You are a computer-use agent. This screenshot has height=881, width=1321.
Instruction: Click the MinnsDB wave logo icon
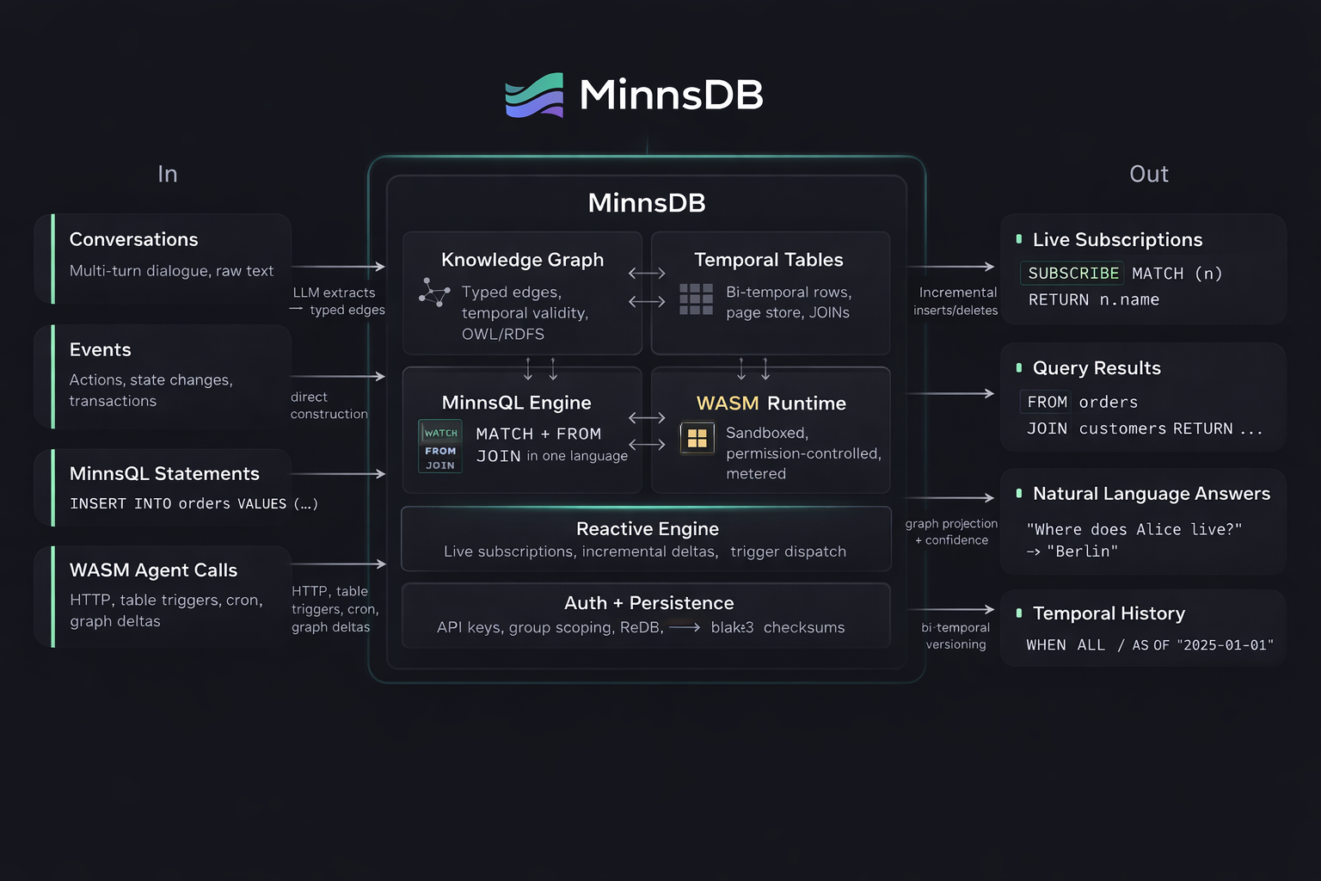coord(534,95)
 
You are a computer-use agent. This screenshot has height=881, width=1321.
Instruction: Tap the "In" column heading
coord(168,174)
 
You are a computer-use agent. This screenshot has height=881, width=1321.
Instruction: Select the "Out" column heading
coord(1148,174)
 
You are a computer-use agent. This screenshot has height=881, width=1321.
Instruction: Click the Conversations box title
coord(133,239)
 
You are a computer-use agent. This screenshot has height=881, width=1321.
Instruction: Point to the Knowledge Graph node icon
coord(434,293)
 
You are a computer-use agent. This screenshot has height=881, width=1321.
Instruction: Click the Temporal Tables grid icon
coord(696,299)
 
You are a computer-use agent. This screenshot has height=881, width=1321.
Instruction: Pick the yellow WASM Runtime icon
coord(697,438)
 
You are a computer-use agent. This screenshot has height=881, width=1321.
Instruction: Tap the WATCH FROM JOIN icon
coord(440,446)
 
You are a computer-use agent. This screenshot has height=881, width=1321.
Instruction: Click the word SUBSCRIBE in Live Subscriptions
coord(1073,274)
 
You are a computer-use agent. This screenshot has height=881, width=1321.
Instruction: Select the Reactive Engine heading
coord(647,528)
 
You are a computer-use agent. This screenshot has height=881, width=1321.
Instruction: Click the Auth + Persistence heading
coord(648,603)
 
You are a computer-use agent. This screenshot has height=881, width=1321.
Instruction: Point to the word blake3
coord(732,627)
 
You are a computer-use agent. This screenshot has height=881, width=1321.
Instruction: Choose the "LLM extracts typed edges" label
coord(338,301)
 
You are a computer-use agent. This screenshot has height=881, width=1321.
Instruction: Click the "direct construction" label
coord(329,405)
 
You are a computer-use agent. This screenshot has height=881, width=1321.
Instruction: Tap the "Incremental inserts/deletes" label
coord(956,301)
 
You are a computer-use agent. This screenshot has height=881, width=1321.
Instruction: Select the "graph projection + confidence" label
coord(951,532)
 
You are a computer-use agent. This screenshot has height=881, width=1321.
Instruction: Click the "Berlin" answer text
coord(1082,551)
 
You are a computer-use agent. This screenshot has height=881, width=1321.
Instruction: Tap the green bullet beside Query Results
coord(1019,368)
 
